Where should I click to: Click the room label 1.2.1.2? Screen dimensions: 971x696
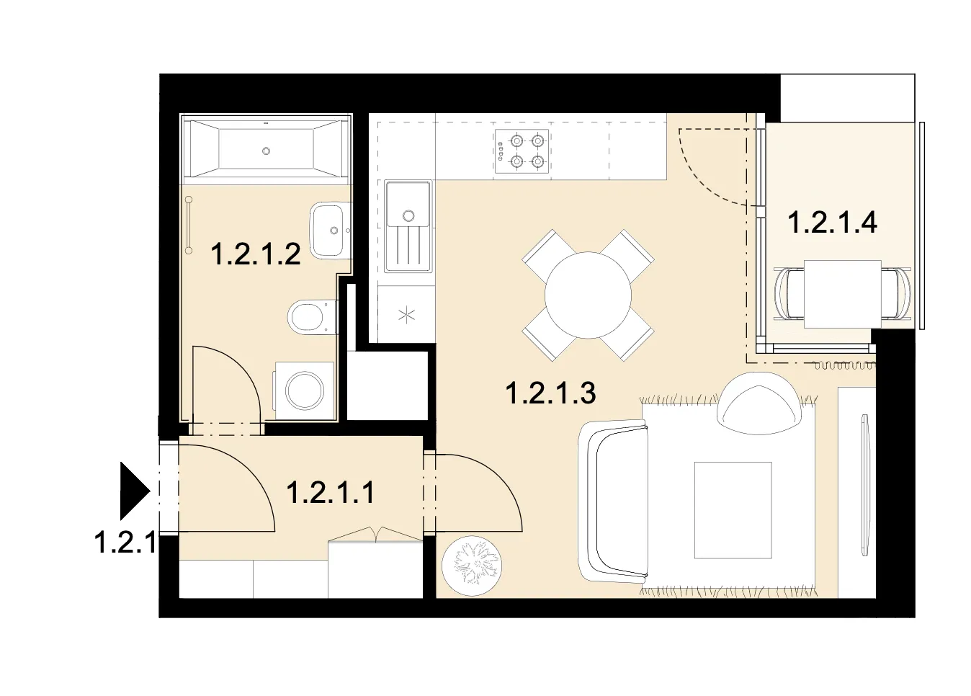point(256,254)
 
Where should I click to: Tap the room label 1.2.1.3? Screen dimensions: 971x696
point(550,393)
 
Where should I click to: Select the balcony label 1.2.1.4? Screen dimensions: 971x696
point(832,223)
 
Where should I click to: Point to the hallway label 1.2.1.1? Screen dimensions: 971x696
point(331,493)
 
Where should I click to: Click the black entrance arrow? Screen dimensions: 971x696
point(135,491)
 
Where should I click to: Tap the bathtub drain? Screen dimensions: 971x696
point(266,151)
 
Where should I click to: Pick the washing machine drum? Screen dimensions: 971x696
point(304,391)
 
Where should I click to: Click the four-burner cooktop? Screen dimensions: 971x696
point(522,151)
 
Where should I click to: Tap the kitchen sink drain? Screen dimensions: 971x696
point(408,215)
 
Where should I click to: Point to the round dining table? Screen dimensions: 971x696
point(588,295)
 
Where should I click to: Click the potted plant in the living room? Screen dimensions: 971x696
point(472,566)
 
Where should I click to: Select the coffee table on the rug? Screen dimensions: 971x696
point(733,510)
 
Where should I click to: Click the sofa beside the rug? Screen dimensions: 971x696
point(614,501)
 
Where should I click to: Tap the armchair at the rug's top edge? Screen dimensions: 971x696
point(759,403)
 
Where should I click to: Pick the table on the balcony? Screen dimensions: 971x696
point(843,294)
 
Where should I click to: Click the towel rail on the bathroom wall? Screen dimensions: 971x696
point(189,225)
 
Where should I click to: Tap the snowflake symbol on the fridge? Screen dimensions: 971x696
point(406,314)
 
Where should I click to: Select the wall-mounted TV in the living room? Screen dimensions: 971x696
point(865,484)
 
